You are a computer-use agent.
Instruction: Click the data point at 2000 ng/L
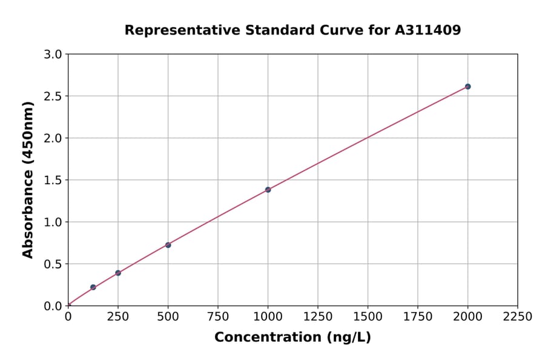tap(467, 87)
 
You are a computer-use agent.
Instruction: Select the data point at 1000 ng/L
tap(268, 190)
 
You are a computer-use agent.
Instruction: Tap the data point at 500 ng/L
tap(168, 245)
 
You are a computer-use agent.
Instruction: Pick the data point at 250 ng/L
tap(118, 273)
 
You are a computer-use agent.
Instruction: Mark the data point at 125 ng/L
tap(93, 287)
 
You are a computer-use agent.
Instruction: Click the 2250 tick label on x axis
tap(518, 317)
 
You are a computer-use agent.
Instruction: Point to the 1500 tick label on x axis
tap(368, 317)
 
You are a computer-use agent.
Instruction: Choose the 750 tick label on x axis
tap(218, 317)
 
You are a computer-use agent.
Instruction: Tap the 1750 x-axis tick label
tap(418, 317)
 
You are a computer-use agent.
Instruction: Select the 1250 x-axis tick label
tap(318, 317)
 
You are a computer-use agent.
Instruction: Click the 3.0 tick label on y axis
tap(53, 55)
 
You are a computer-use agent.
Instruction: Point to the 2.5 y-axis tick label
tap(53, 96)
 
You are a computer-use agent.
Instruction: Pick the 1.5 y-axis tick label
tap(53, 180)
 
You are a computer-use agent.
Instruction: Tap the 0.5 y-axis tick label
tap(53, 264)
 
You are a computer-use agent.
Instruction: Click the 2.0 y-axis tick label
tap(53, 138)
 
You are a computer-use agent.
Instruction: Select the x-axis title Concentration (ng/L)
tap(292, 338)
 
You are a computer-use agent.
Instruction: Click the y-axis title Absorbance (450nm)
tap(28, 179)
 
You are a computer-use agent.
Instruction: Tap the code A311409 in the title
tap(428, 30)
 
